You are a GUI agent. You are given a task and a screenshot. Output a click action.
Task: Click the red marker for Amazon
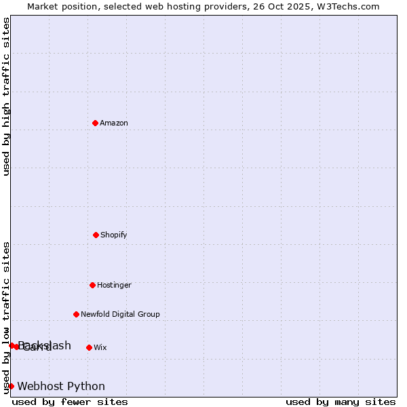[95, 123]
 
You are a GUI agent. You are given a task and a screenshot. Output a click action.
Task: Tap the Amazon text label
[114, 123]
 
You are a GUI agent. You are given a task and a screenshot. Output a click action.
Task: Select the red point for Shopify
[96, 235]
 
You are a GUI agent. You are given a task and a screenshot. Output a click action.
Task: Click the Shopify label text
[114, 235]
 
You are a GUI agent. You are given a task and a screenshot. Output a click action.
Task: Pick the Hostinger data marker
[92, 285]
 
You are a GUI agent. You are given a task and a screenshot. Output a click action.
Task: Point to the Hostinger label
[114, 285]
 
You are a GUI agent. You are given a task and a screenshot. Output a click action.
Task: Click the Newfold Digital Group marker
[76, 314]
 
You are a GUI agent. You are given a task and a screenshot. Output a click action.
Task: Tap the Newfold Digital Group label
[120, 314]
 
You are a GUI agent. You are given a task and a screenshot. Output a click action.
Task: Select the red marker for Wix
[89, 347]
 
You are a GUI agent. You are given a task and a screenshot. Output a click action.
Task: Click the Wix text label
[100, 347]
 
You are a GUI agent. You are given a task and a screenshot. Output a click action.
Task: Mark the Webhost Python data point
[11, 386]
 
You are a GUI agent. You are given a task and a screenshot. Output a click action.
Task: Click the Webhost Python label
[61, 387]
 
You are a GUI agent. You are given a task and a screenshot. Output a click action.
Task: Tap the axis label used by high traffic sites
[7, 96]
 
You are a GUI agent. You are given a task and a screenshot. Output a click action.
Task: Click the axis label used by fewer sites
[70, 402]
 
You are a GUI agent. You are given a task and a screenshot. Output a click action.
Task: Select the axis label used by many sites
[341, 402]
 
